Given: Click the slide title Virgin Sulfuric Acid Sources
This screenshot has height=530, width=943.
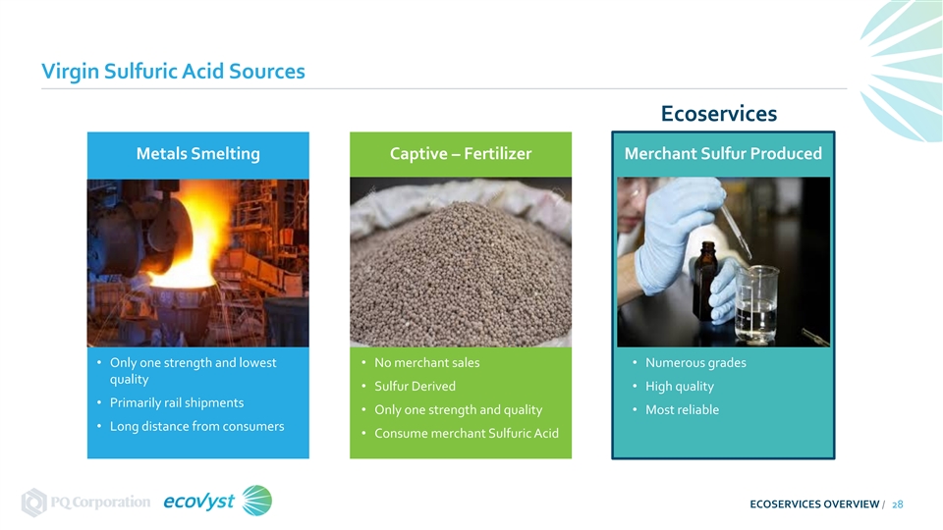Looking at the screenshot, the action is (x=173, y=72).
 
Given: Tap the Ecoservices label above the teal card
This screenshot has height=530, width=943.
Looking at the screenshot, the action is (x=719, y=114).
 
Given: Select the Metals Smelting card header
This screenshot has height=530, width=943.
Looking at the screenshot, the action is (x=197, y=154).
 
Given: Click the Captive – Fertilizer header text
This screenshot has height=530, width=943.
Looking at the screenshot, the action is (x=461, y=154).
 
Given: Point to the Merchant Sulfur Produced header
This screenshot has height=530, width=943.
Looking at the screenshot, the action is (x=723, y=154).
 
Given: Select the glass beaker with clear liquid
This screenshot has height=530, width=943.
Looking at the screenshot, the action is (x=756, y=304).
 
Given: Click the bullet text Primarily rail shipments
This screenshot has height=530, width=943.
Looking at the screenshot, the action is (x=177, y=402).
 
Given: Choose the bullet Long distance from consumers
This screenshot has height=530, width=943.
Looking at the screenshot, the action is (x=196, y=426).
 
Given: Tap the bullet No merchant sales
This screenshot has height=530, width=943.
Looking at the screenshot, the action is (x=427, y=363).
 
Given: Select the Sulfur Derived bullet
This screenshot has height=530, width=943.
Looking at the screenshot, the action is (x=415, y=387).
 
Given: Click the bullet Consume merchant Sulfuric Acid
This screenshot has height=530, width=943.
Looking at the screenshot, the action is (x=467, y=433).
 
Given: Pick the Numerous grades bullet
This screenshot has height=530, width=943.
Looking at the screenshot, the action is (x=695, y=363).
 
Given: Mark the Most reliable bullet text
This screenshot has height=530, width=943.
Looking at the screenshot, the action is (x=682, y=410).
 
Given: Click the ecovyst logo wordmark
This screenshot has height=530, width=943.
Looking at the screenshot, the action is (x=199, y=502).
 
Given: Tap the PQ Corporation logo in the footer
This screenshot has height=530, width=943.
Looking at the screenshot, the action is (x=86, y=502).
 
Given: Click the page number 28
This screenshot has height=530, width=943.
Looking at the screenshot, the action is (x=897, y=504).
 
